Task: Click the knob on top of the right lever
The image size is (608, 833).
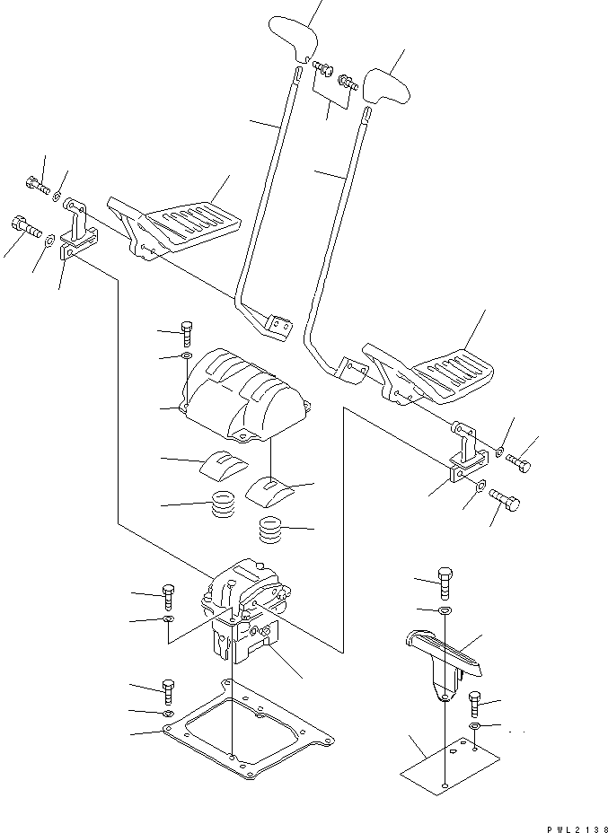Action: pos(387,84)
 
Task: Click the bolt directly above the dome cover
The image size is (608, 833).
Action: pos(186,333)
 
